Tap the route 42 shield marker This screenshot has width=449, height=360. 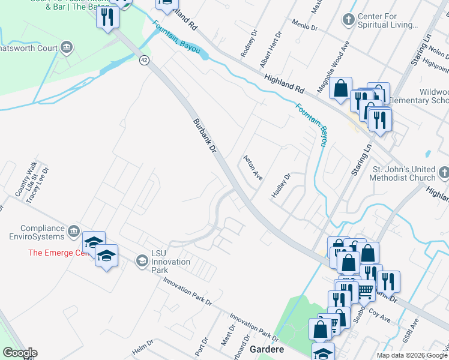(144, 60)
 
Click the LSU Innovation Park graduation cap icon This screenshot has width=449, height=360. (142, 260)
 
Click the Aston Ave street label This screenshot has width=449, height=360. (253, 167)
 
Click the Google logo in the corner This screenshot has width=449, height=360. (20, 353)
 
